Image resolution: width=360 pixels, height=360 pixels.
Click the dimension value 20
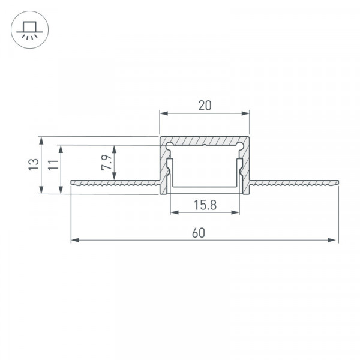coord(205,106)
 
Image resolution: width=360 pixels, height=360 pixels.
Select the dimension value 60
coord(199,233)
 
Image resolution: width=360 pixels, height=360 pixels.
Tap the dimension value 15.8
coord(205,205)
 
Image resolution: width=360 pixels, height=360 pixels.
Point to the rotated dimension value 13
coord(34,164)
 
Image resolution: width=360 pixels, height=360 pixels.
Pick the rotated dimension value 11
coord(53,164)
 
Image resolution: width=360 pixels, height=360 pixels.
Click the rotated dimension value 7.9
coord(106,163)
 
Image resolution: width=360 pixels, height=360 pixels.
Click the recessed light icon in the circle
coord(29,30)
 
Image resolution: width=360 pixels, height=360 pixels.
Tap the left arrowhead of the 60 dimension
coord(75,240)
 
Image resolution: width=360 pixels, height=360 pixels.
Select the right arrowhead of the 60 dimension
coord(332,240)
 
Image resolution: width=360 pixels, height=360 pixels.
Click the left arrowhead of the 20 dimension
coord(164,113)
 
